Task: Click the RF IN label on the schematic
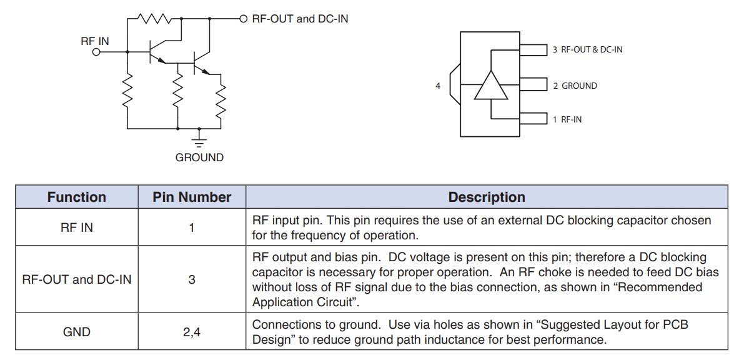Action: (x=94, y=41)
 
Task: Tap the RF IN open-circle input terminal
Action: (x=96, y=52)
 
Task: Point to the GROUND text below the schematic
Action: (x=199, y=157)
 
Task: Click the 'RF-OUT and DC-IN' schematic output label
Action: (x=300, y=19)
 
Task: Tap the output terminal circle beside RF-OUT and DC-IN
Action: (x=244, y=19)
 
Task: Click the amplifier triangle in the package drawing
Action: (x=491, y=86)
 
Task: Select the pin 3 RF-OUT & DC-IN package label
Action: (x=587, y=49)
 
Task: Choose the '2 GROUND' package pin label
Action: (x=575, y=86)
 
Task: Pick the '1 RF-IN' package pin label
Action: (x=567, y=119)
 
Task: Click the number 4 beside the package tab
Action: (x=438, y=86)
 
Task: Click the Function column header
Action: (x=77, y=197)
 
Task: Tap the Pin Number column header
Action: (x=192, y=197)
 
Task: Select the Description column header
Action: (x=486, y=197)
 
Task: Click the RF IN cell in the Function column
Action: (x=77, y=227)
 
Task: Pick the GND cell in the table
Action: (x=77, y=332)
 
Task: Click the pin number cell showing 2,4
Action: (x=192, y=332)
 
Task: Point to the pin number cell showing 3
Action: (x=192, y=279)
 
